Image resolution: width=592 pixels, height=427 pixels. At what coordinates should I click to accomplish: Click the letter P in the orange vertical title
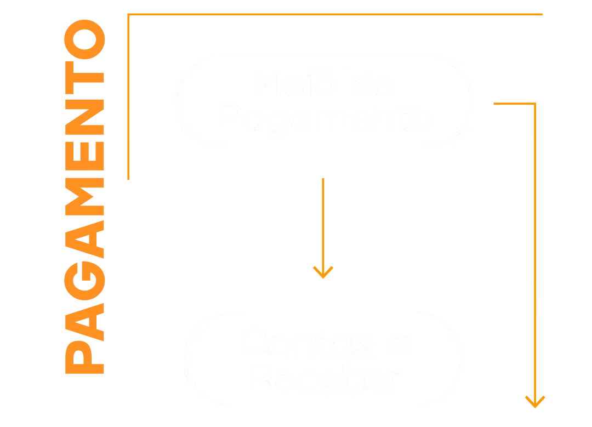84,357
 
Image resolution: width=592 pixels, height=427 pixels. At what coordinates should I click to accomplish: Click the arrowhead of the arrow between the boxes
323,273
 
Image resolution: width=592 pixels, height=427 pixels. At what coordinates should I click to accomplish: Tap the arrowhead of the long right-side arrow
534,402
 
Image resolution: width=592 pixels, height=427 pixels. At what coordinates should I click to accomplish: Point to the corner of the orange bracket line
128,15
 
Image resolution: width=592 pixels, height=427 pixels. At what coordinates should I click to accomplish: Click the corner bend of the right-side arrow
534,104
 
